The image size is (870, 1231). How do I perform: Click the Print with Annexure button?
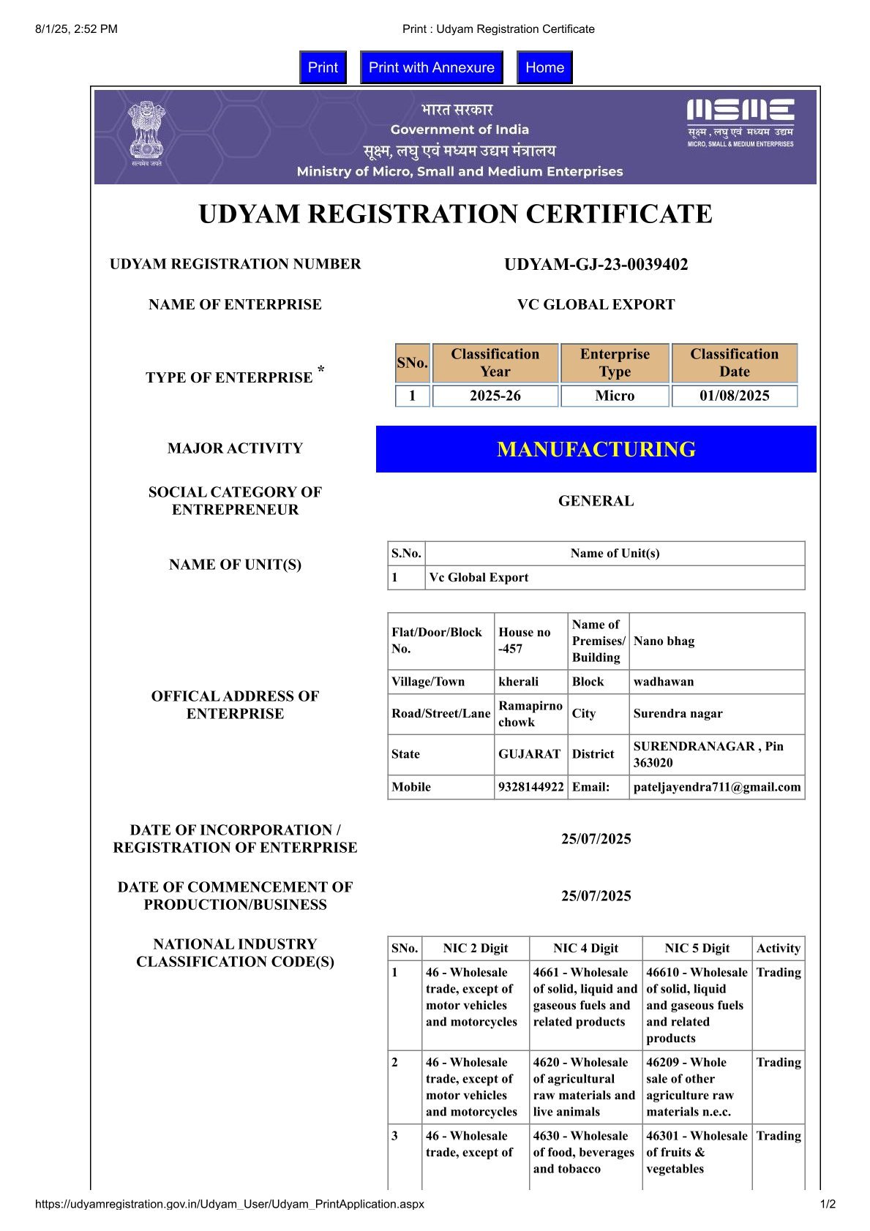[431, 67]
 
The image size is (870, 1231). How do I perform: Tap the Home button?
[544, 67]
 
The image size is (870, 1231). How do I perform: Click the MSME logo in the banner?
[740, 123]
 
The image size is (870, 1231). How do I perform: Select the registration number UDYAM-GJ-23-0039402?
[596, 265]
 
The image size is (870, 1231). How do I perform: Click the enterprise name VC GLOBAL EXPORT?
[596, 304]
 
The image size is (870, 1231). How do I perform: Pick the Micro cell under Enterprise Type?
[615, 396]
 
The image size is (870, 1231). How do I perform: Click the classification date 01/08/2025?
[734, 396]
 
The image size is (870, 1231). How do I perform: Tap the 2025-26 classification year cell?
[495, 396]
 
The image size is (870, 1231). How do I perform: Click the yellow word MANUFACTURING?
[596, 449]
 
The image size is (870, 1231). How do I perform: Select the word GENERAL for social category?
[596, 501]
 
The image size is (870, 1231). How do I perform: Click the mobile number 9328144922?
[530, 787]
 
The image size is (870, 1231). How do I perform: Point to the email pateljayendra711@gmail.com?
[716, 787]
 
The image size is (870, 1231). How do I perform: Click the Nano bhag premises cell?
[664, 641]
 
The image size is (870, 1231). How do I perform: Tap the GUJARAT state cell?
[529, 754]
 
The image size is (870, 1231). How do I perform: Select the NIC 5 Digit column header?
[697, 948]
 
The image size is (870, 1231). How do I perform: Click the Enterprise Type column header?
[615, 363]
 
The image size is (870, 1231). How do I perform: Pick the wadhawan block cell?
[663, 682]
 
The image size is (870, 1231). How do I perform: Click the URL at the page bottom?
[229, 1204]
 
